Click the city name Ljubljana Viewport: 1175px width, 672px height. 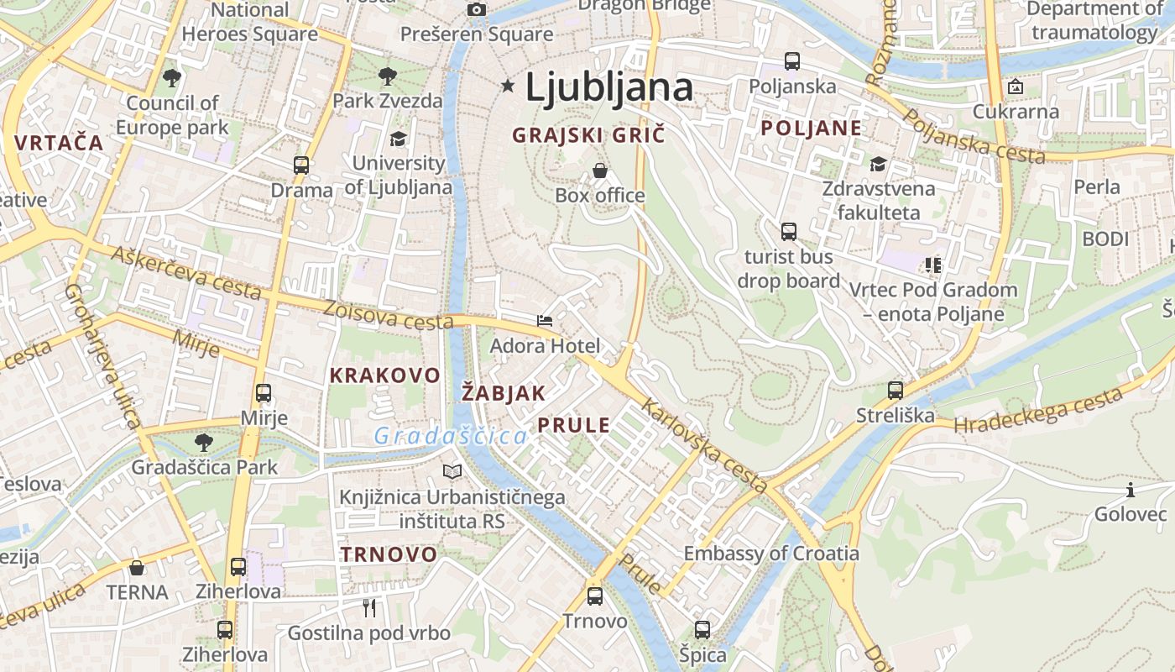[x=609, y=87]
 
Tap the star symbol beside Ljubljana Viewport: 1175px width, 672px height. [x=507, y=85]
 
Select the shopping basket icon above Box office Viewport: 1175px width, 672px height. [x=600, y=171]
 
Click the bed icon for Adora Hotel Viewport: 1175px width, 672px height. [x=545, y=320]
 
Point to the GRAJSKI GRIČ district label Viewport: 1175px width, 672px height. [x=588, y=134]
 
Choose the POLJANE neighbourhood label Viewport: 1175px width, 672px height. [x=811, y=128]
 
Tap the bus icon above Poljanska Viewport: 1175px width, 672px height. [x=791, y=60]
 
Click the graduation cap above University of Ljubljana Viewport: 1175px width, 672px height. [x=398, y=138]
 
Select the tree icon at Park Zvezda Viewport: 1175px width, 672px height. [x=387, y=76]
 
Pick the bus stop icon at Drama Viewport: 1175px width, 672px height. [x=301, y=165]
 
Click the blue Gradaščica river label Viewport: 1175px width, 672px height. [x=451, y=436]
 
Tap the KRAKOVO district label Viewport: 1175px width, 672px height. [x=384, y=375]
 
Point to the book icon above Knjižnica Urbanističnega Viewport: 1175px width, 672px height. [x=452, y=472]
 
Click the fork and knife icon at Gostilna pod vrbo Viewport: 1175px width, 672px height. [x=369, y=607]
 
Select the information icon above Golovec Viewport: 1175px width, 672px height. [x=1131, y=490]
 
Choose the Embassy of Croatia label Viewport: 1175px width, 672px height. [x=771, y=554]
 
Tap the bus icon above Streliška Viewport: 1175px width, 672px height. [x=896, y=390]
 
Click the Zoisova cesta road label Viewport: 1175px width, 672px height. [x=389, y=315]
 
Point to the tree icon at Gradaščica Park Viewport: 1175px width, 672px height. [x=203, y=442]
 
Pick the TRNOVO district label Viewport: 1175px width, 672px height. [x=389, y=554]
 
